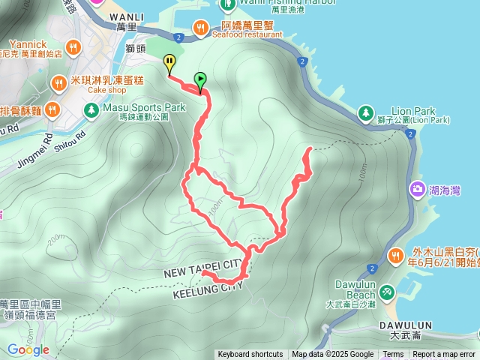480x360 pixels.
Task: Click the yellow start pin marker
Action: [x=170, y=63]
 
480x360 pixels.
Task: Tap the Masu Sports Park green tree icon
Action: [x=91, y=112]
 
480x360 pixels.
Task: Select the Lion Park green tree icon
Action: [x=365, y=113]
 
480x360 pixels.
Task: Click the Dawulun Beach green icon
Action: [x=386, y=290]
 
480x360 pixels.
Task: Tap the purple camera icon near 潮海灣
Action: [x=416, y=189]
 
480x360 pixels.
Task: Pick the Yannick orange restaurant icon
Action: [x=73, y=48]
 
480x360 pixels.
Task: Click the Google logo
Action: [x=28, y=349]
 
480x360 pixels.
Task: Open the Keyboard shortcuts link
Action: [x=250, y=355]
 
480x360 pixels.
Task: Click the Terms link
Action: [x=393, y=355]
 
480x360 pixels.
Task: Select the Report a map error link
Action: [x=445, y=355]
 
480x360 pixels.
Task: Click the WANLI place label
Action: [x=126, y=16]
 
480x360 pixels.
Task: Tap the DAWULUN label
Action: [x=412, y=325]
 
